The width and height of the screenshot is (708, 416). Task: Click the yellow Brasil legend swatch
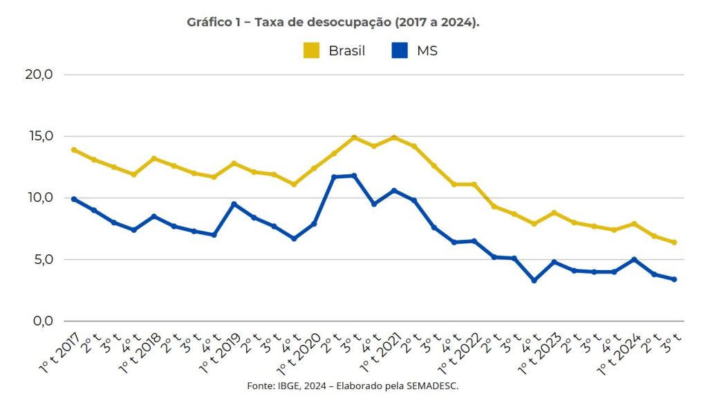coord(311,50)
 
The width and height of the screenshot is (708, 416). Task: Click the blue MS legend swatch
coord(399,50)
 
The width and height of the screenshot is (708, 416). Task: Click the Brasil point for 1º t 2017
coord(73,150)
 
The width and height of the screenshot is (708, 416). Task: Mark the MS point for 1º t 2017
coord(73,199)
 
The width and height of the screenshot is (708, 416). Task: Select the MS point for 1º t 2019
coord(234,204)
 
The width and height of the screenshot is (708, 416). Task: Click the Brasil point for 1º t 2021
coord(394,138)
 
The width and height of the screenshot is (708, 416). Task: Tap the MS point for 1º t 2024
coord(634,260)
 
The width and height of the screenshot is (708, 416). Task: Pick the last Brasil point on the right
coord(674,243)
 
